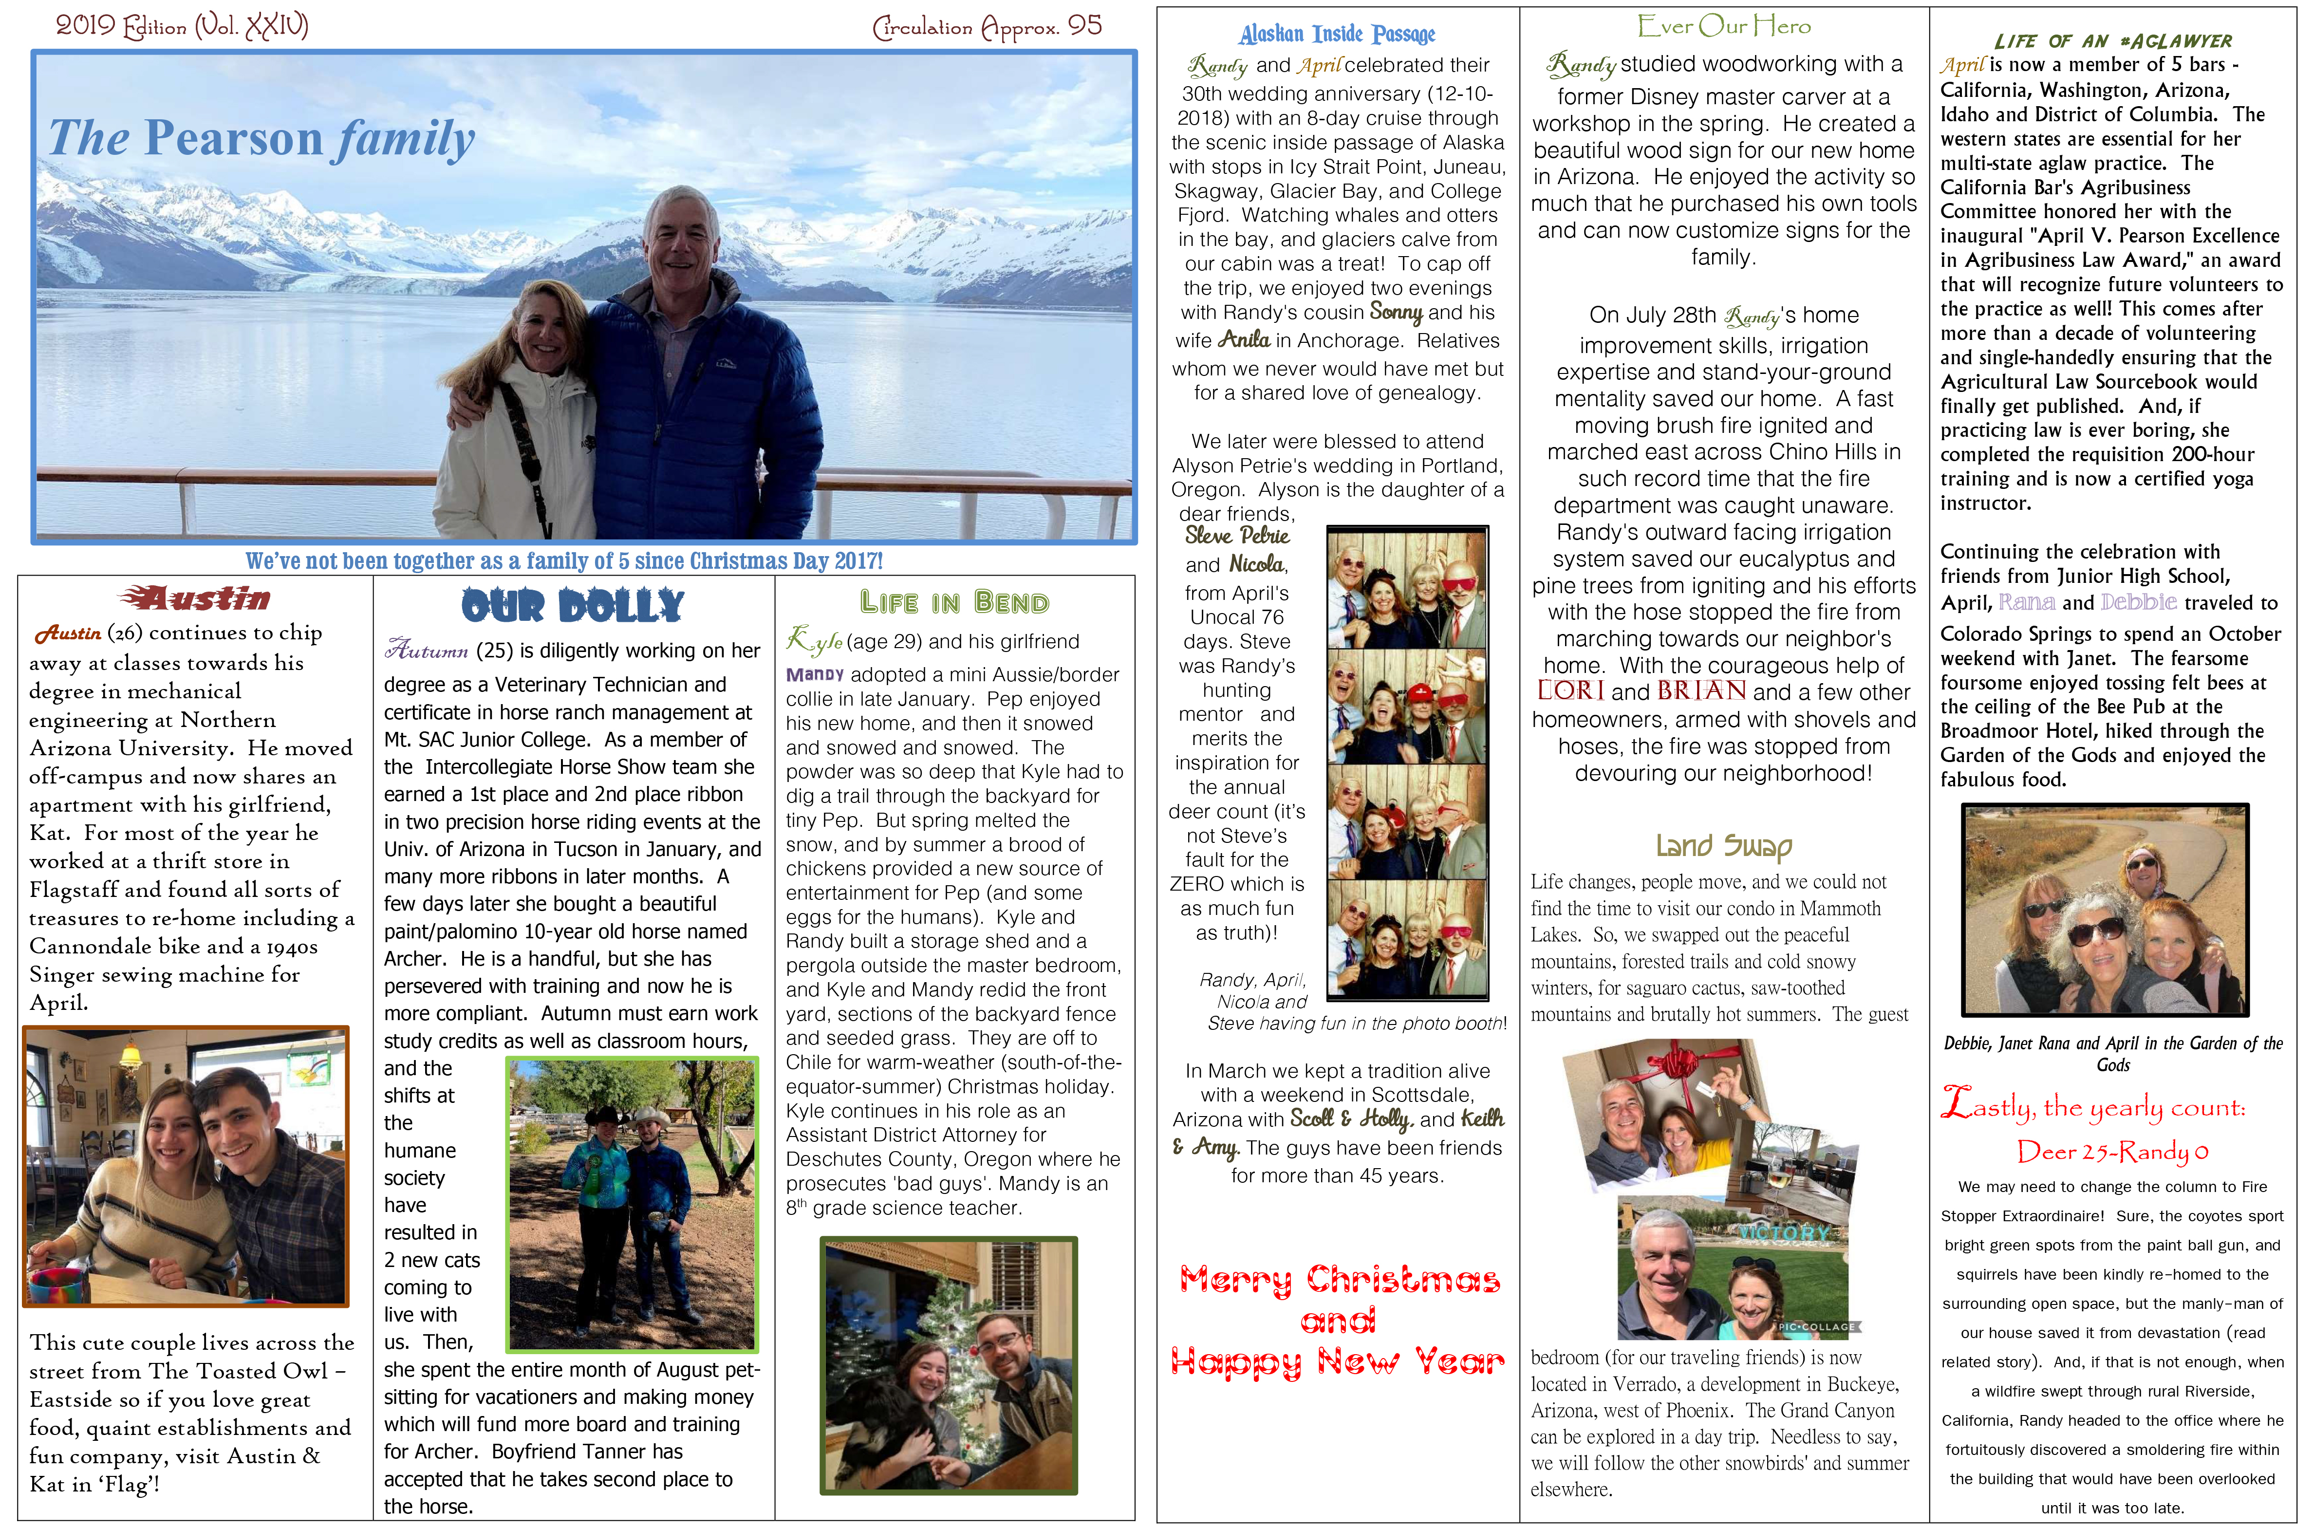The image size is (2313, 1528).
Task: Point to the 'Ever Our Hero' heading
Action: coord(1723,26)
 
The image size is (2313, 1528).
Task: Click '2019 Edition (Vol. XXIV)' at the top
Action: coord(182,25)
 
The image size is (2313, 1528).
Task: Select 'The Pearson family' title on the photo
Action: coord(261,137)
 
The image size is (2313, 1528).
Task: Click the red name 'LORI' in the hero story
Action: coord(1569,691)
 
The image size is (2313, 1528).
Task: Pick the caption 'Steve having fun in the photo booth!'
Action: coord(1356,1023)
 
